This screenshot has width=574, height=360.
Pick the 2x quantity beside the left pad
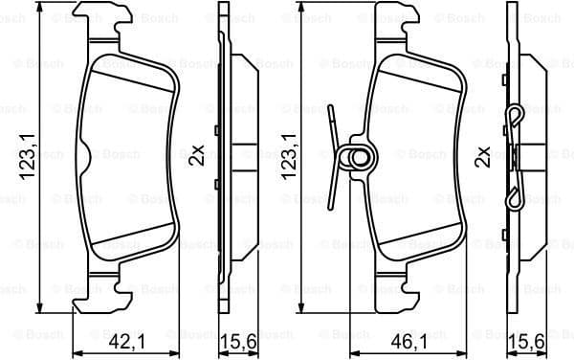click(x=197, y=154)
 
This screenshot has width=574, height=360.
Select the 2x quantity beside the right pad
click(x=484, y=154)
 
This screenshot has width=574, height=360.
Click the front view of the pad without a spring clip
click(x=129, y=158)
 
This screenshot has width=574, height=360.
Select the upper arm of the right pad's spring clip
click(x=332, y=124)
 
